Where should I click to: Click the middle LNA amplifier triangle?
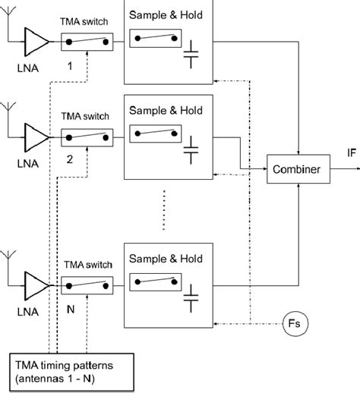coord(33,137)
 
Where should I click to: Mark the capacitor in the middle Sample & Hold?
coord(191,154)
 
